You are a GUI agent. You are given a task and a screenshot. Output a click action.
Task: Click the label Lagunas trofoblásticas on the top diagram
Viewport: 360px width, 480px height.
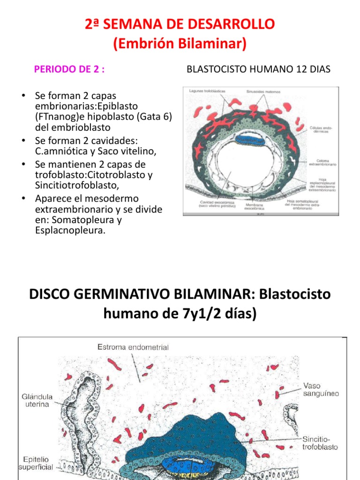coord(208,90)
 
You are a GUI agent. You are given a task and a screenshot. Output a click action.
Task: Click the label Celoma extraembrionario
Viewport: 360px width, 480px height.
coord(322,163)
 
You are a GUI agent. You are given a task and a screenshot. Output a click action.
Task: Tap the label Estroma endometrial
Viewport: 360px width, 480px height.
coord(133,347)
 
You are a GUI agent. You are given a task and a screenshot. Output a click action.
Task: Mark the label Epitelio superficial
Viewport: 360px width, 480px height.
coord(36,464)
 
